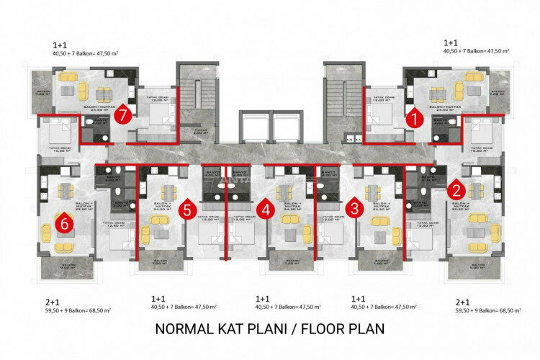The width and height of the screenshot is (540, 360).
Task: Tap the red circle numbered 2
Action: click(x=456, y=190)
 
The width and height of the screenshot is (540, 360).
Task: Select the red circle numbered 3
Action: click(x=354, y=210)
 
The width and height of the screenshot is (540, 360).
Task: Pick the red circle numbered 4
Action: click(x=266, y=210)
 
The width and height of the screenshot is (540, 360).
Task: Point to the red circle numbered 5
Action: click(x=186, y=210)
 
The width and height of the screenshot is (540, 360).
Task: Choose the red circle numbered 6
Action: click(x=65, y=224)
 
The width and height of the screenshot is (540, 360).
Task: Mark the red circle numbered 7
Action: click(x=125, y=114)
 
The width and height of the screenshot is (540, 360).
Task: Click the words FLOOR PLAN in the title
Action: click(x=343, y=330)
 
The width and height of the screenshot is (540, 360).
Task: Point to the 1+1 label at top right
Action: click(x=452, y=42)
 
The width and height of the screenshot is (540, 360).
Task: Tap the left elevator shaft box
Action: click(x=248, y=127)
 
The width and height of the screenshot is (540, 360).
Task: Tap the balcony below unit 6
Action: click(x=66, y=268)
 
